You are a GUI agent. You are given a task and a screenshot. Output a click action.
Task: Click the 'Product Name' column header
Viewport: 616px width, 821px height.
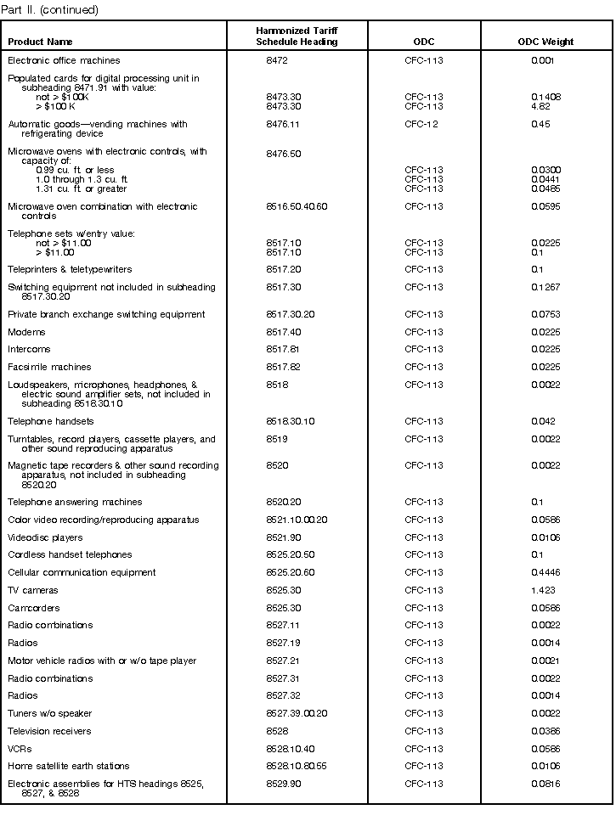[40, 42]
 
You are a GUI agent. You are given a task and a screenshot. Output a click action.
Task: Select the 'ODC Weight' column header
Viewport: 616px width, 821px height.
[545, 42]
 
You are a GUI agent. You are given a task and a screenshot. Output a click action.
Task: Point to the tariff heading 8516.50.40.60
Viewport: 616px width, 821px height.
[297, 207]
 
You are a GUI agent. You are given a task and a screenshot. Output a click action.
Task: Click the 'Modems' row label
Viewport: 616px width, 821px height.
[26, 332]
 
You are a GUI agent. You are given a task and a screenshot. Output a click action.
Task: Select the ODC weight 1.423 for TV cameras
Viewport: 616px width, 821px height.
[543, 590]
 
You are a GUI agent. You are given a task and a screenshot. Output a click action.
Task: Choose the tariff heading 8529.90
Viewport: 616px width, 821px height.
[282, 784]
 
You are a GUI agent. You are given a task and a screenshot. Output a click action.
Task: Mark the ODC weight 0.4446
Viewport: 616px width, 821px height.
[545, 573]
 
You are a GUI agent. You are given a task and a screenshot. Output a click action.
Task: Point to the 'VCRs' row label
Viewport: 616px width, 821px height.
[20, 749]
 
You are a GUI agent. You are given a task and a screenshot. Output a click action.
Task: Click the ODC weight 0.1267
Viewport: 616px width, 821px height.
[545, 287]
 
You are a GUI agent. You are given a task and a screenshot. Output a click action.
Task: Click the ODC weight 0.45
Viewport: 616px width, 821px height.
[540, 125]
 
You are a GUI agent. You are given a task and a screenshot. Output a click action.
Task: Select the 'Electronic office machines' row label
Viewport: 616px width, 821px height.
[64, 60]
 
